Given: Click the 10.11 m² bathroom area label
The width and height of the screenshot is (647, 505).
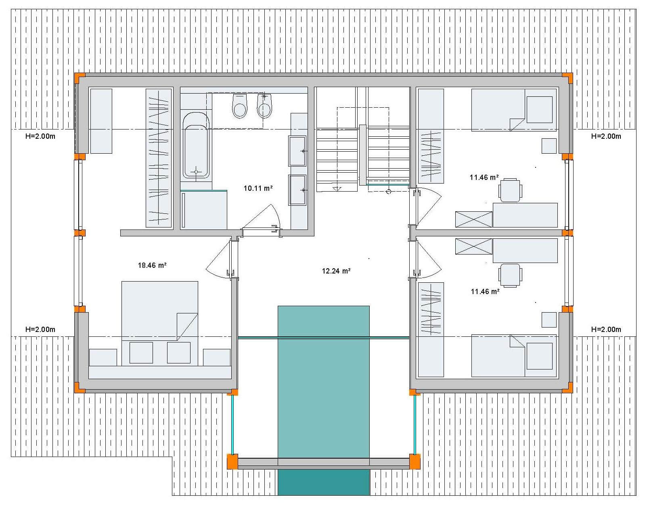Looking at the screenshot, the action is (258, 188).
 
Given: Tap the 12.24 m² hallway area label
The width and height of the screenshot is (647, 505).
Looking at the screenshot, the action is (336, 271).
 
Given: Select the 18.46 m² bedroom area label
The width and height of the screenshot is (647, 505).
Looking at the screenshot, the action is (152, 265).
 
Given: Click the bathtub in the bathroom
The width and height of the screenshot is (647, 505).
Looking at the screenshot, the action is (196, 146).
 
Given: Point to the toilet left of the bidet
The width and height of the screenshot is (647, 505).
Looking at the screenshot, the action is (240, 106).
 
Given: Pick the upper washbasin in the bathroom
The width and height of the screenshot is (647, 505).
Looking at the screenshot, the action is (297, 151).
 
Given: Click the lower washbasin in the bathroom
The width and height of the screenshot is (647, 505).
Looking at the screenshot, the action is (297, 190).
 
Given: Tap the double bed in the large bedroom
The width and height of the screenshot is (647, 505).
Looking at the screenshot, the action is (160, 311).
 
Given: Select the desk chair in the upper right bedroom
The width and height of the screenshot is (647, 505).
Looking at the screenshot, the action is (510, 190).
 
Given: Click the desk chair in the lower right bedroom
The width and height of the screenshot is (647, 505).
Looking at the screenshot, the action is (510, 275).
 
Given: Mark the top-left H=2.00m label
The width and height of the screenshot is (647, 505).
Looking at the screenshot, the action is (40, 136).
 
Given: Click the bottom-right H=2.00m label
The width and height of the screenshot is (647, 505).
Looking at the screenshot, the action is (606, 330).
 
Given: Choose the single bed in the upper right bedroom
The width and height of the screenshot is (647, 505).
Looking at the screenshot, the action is (514, 110).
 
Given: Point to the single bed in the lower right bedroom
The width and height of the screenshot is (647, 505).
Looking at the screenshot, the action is (514, 356).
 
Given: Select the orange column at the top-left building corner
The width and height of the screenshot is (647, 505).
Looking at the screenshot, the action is (80, 78).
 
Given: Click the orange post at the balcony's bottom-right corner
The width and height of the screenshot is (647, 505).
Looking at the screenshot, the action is (415, 461).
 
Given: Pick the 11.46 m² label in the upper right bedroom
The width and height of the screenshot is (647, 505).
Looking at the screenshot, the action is (484, 177).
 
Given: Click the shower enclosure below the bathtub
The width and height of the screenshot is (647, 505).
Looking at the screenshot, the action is (204, 210).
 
